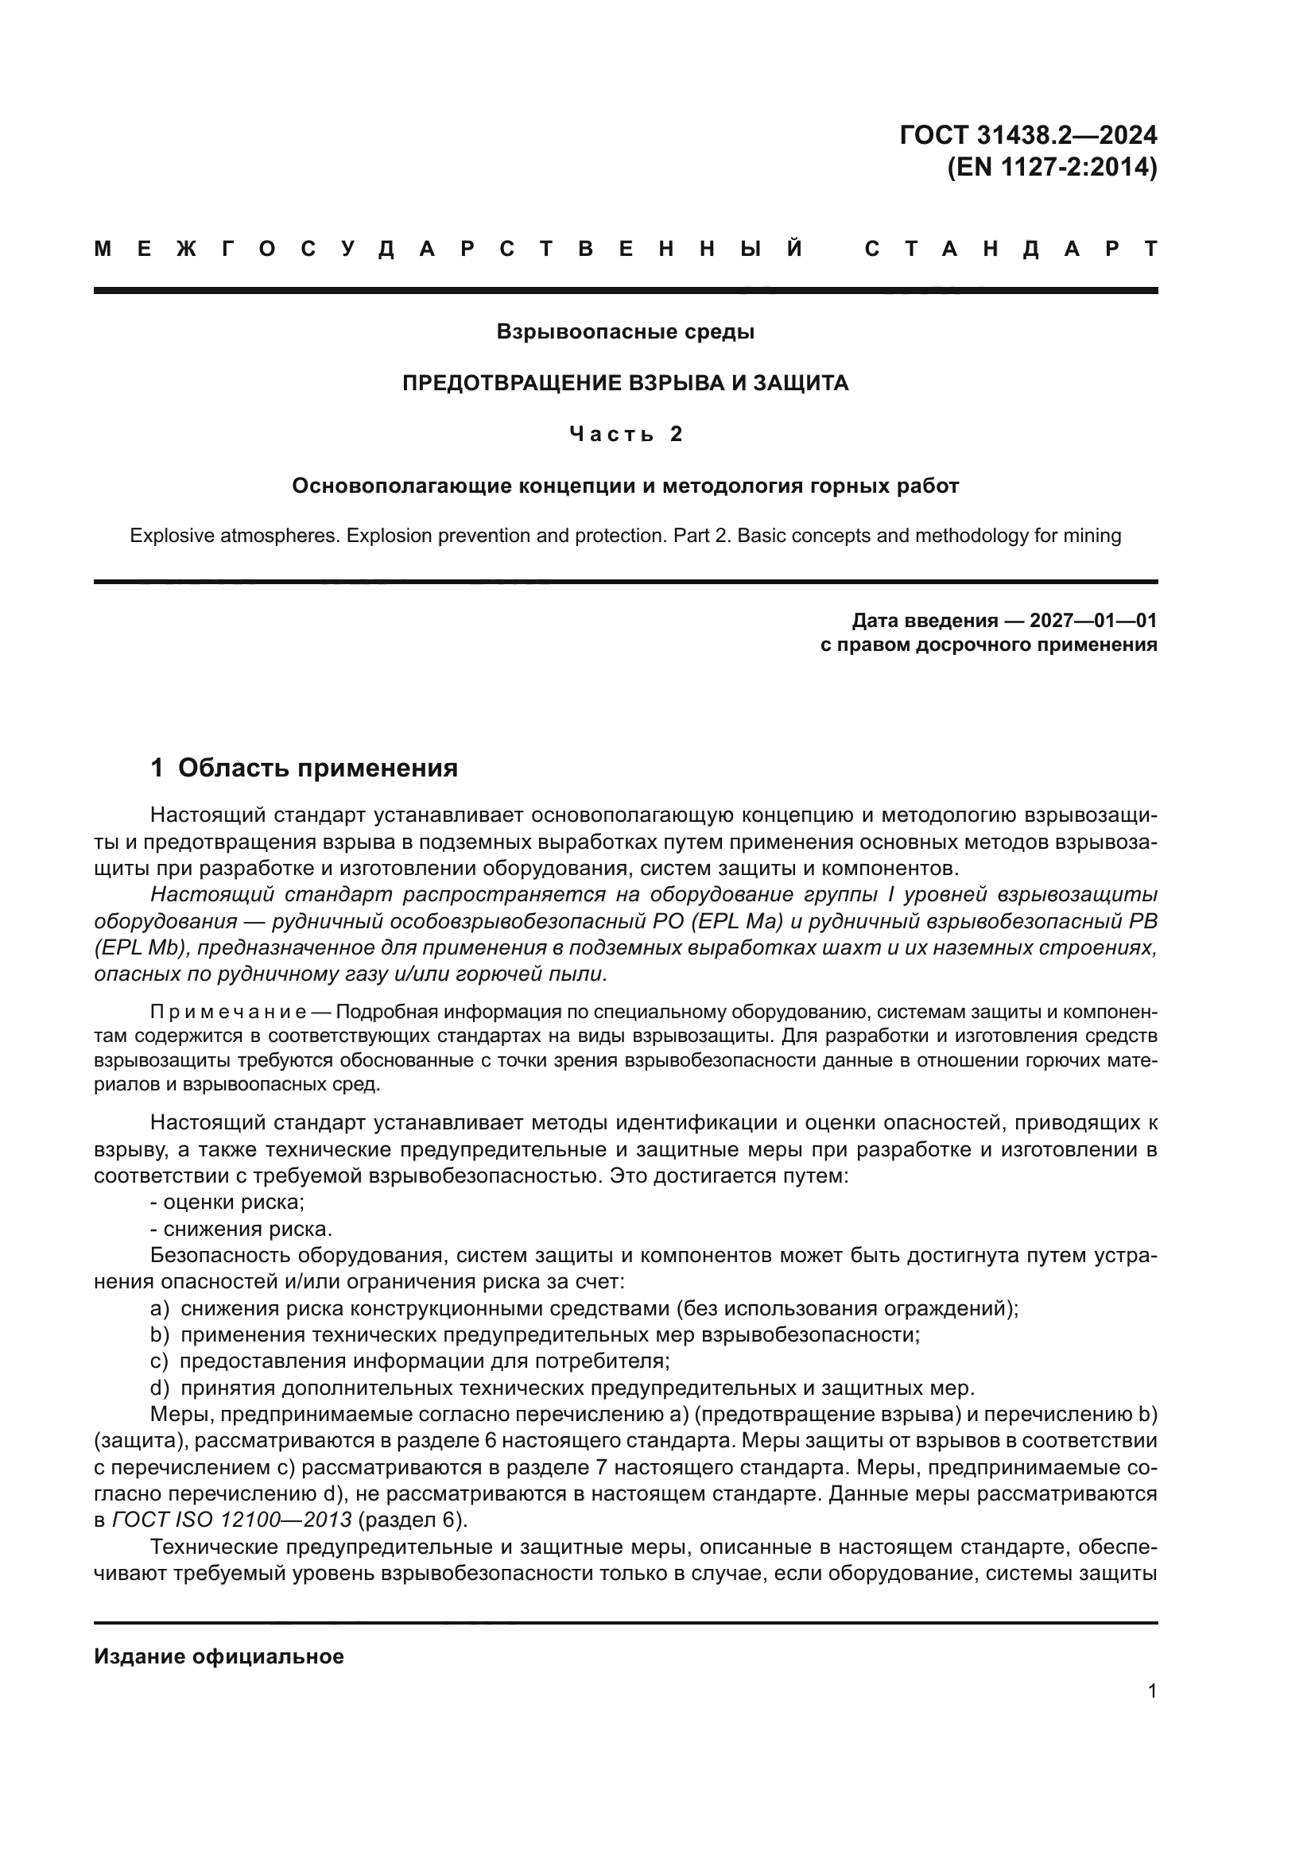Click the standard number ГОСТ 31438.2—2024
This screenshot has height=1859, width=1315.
click(x=1027, y=135)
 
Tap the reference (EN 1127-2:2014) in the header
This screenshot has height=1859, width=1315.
click(x=1052, y=168)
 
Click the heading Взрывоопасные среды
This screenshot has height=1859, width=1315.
click(x=625, y=332)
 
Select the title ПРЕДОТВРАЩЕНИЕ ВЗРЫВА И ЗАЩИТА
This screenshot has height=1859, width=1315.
click(x=625, y=383)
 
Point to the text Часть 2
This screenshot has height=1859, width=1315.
click(x=625, y=435)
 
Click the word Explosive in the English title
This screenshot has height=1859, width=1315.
click(x=171, y=536)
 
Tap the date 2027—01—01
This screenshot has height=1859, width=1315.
click(x=1092, y=621)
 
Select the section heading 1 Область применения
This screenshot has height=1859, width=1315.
click(x=304, y=768)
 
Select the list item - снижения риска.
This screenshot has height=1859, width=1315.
click(x=242, y=1229)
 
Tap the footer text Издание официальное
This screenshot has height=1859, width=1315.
click(x=219, y=1657)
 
